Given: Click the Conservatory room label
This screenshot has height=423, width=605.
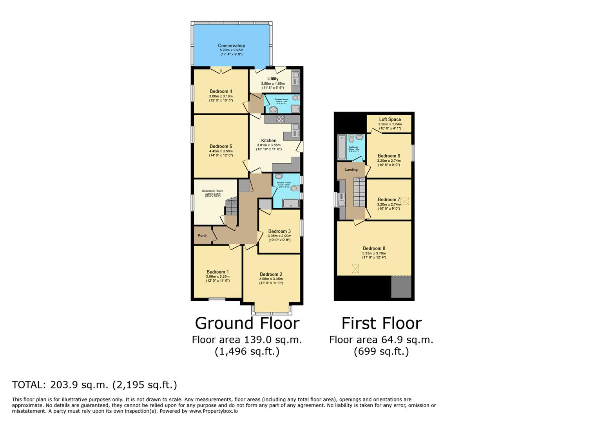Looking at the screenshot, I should tap(231, 46).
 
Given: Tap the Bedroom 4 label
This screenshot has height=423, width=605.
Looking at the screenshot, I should tap(221, 91).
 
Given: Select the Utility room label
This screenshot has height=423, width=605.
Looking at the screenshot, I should tap(273, 79).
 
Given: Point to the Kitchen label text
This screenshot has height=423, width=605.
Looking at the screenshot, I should tap(269, 140).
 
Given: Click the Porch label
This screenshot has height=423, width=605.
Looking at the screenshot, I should tap(203, 235).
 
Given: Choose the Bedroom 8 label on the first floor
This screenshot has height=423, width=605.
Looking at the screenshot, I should tap(374, 248).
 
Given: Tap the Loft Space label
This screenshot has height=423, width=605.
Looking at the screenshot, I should tap(390, 119).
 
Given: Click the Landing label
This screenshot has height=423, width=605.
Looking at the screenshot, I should tap(351, 170).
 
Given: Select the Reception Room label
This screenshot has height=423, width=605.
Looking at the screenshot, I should tap(213, 191).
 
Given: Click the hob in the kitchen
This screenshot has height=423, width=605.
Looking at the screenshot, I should tap(281, 119).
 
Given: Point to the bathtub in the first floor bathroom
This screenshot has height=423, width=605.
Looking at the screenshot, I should tap(342, 147).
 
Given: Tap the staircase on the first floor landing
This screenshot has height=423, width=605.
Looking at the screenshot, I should tap(359, 192).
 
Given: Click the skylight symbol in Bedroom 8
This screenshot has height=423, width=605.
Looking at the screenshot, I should tap(355, 269).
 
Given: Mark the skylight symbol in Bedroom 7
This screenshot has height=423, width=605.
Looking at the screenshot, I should tap(405, 201).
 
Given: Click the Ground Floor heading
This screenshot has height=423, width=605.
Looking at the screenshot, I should tap(247, 323).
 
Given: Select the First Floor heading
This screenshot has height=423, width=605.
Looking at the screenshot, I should tap(381, 323).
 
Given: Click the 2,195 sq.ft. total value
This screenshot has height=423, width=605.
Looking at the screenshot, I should tap(145, 385).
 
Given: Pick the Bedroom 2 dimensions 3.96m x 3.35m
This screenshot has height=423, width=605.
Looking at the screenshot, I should tap(271, 279).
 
